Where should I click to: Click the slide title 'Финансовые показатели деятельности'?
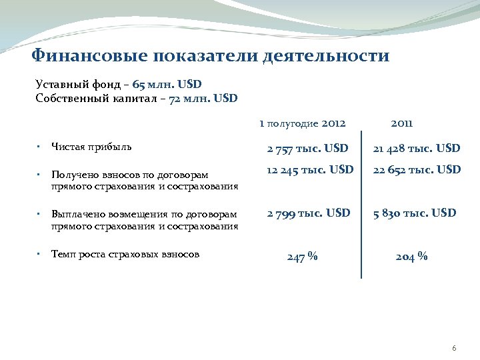(x=211, y=55)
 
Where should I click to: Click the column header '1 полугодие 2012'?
(x=302, y=123)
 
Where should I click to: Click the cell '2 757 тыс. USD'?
(x=308, y=147)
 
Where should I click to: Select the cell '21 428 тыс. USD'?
(x=416, y=147)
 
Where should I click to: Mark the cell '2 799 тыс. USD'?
(x=308, y=213)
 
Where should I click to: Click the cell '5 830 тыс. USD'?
(x=415, y=213)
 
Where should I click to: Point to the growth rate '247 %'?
(x=302, y=257)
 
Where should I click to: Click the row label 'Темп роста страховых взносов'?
(x=125, y=253)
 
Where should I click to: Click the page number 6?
(x=454, y=349)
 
